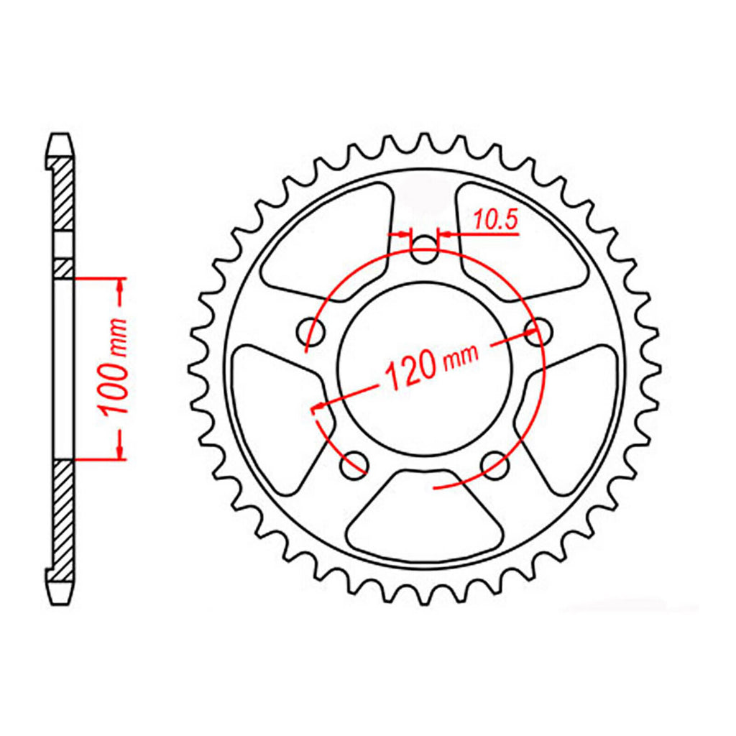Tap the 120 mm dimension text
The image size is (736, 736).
[x=431, y=366]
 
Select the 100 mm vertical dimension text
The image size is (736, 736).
[x=114, y=367]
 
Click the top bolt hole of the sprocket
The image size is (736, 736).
[x=424, y=249]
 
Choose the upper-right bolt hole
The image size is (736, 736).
[x=538, y=331]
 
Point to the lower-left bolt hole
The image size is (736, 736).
[x=354, y=465]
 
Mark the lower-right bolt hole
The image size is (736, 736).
[x=494, y=465]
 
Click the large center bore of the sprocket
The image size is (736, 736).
[x=424, y=369]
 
